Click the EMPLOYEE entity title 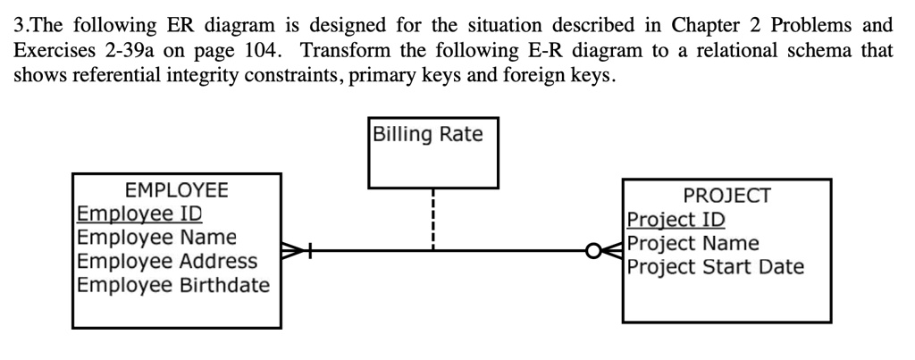point(176,190)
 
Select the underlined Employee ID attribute point(139,214)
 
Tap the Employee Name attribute point(157,238)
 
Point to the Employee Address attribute point(167,262)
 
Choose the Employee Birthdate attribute point(173,285)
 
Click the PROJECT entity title point(726,196)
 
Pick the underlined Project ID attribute point(676,220)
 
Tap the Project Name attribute point(693,243)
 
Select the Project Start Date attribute point(716,266)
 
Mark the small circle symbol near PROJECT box point(592,251)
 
